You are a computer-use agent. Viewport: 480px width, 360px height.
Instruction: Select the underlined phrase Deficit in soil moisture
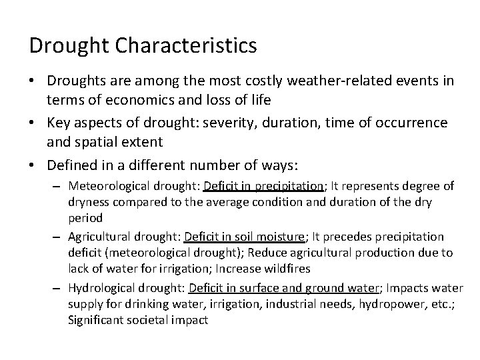coord(243,237)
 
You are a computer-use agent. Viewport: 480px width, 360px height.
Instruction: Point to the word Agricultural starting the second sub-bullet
coord(99,237)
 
